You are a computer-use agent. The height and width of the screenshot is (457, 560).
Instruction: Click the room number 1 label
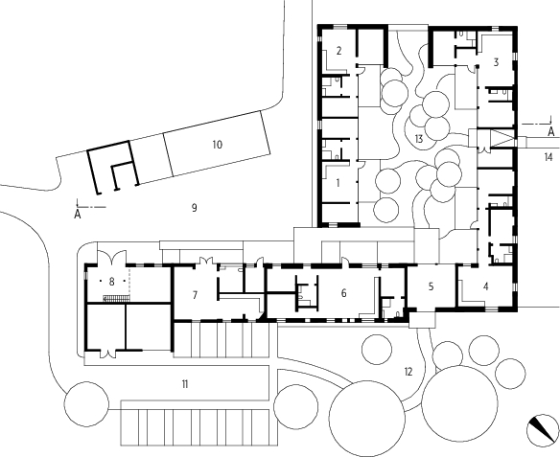pos(338,183)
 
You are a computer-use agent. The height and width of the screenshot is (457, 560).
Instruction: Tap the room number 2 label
pos(338,51)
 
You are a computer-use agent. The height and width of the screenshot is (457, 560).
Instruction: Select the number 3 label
pos(496,62)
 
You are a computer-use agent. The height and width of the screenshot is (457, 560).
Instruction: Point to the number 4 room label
pos(486,286)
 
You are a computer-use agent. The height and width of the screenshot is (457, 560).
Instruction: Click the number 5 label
pos(432,286)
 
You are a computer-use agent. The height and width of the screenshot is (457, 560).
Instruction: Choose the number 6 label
pos(343,293)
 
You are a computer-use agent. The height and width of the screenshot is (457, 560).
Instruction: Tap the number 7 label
pos(195,295)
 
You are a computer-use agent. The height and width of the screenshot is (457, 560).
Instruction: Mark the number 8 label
pos(111,282)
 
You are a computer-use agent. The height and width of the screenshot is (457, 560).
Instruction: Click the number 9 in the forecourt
pos(194,208)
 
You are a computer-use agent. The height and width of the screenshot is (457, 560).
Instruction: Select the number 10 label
pos(217,145)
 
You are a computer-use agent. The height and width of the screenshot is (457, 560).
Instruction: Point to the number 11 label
pos(185,384)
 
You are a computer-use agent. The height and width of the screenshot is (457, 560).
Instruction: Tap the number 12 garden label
pos(408,372)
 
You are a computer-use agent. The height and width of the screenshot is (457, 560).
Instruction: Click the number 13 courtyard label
pos(419,138)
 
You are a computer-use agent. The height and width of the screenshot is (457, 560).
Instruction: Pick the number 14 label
pos(548,156)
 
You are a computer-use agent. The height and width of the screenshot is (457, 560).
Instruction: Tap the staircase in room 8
pos(116,299)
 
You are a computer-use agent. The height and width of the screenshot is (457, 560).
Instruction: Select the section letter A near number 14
pos(551,132)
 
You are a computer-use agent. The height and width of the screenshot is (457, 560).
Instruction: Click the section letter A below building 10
pos(78,215)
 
